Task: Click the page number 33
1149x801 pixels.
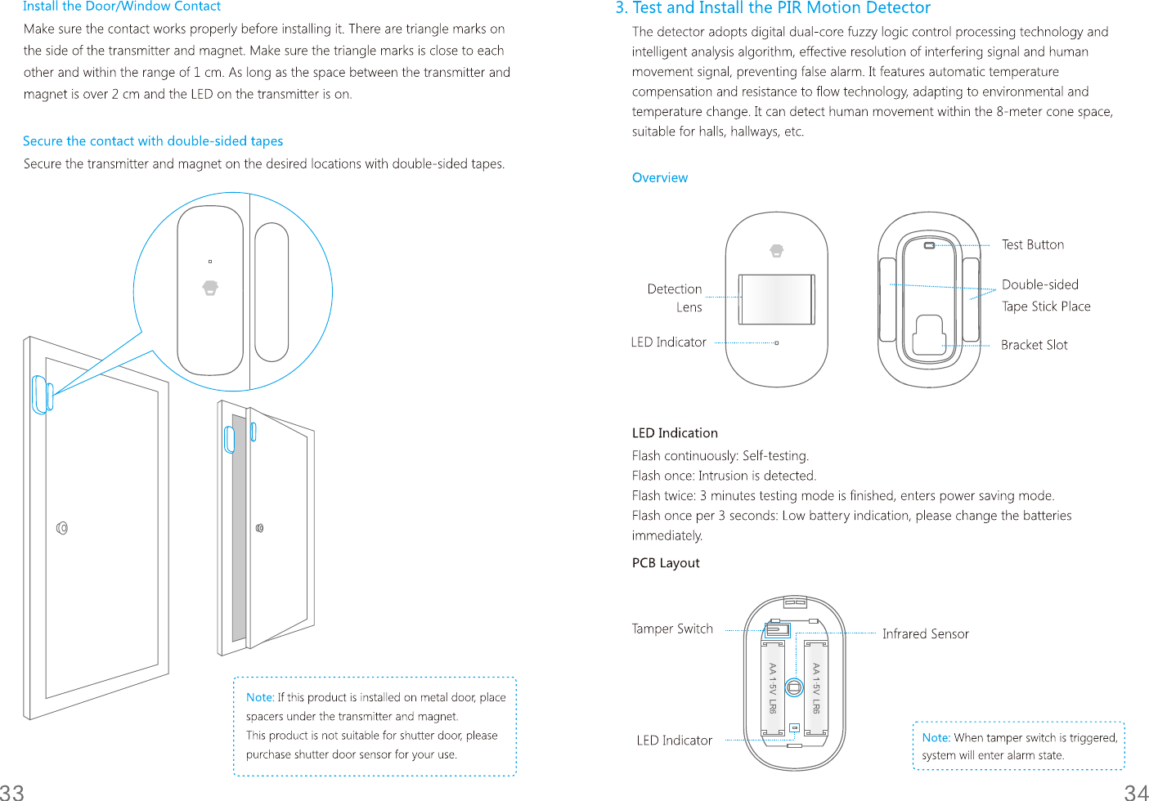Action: pyautogui.click(x=12, y=791)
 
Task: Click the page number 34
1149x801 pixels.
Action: pyautogui.click(x=1136, y=791)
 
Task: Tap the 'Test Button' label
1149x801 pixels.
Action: pyautogui.click(x=1033, y=244)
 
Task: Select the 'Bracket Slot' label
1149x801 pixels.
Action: pyautogui.click(x=1034, y=345)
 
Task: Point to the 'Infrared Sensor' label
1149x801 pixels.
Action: pyautogui.click(x=925, y=633)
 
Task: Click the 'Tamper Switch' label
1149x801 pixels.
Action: pyautogui.click(x=672, y=629)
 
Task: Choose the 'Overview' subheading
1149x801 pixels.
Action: pyautogui.click(x=659, y=177)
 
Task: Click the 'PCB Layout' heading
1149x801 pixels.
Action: pyautogui.click(x=666, y=562)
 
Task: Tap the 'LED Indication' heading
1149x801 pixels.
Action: pyautogui.click(x=675, y=432)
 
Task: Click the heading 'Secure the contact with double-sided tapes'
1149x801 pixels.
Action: pyautogui.click(x=153, y=141)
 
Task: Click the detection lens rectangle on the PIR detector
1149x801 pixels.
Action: pyautogui.click(x=777, y=299)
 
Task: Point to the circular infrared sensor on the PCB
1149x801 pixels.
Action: pyautogui.click(x=794, y=687)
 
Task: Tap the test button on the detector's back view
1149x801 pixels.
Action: pyautogui.click(x=929, y=245)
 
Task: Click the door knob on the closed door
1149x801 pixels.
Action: pyautogui.click(x=62, y=528)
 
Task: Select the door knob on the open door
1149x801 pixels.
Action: pyautogui.click(x=259, y=528)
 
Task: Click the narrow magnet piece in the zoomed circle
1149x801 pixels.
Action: pyautogui.click(x=272, y=292)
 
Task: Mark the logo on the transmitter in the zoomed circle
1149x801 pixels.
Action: pyautogui.click(x=210, y=288)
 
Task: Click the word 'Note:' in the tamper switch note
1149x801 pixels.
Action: pyautogui.click(x=936, y=737)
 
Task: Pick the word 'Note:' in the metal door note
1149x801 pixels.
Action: pyautogui.click(x=260, y=697)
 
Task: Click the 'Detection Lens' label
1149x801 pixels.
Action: pyautogui.click(x=675, y=298)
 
